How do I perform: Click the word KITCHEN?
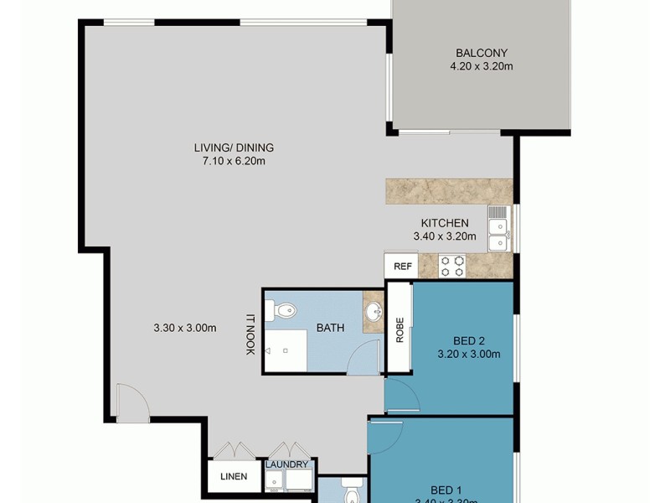point(444,223)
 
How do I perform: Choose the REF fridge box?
point(402,267)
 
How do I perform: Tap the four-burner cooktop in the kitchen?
point(453,266)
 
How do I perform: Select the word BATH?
point(330,328)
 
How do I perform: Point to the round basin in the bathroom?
point(374,313)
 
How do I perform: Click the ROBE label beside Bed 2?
point(399,329)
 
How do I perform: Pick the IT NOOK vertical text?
point(250,334)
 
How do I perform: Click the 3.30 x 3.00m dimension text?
point(185,328)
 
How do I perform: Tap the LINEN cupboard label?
point(234,477)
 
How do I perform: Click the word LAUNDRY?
point(287,464)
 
